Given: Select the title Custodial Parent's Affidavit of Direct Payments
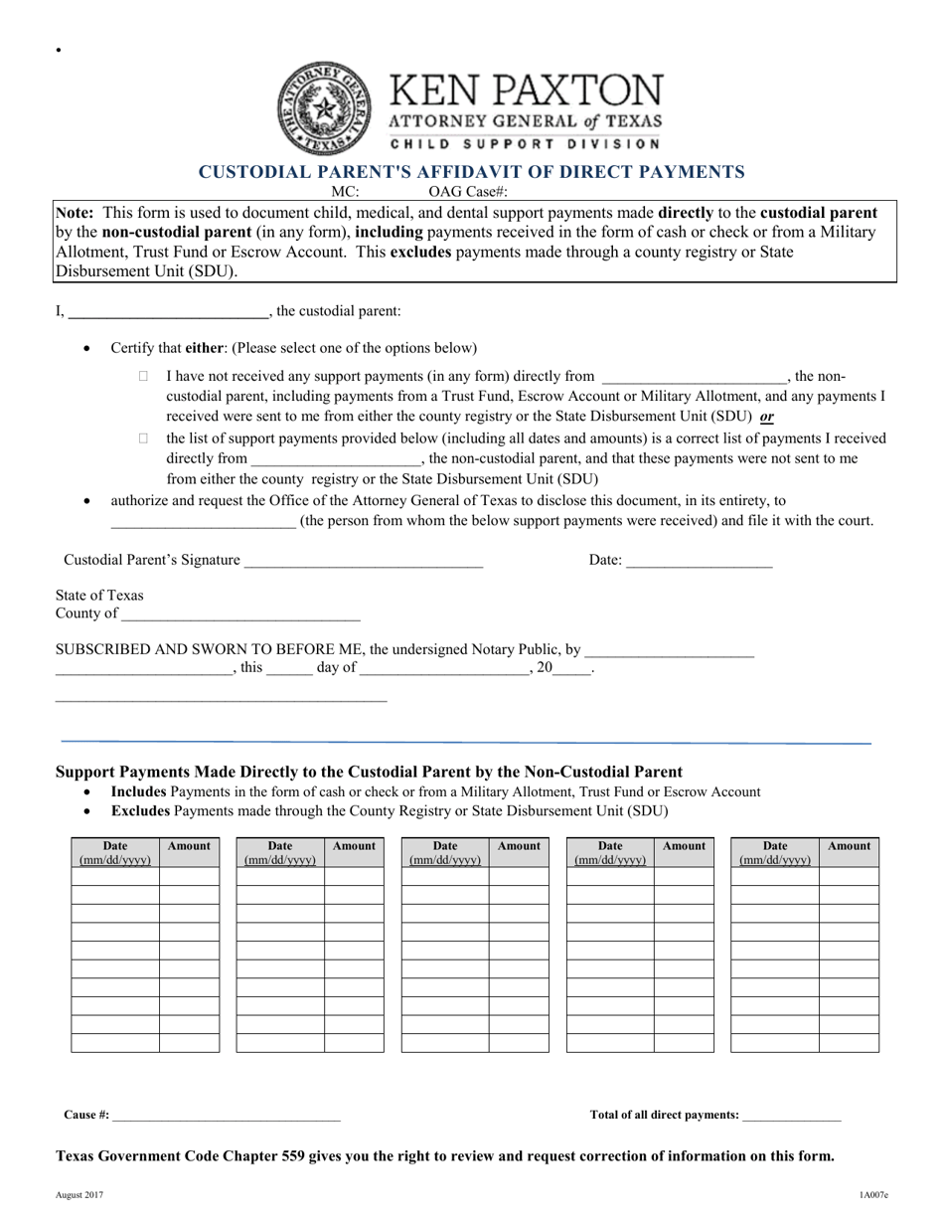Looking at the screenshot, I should pyautogui.click(x=472, y=171).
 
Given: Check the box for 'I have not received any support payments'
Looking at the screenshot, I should pyautogui.click(x=143, y=377).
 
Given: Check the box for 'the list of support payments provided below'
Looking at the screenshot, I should pyautogui.click(x=143, y=437).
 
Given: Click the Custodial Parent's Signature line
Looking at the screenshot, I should pyautogui.click(x=363, y=561).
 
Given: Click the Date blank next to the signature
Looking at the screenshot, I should pyautogui.click(x=699, y=561).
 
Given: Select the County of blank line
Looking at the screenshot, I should pyautogui.click(x=239, y=613).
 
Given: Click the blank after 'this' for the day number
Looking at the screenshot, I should pyautogui.click(x=289, y=669).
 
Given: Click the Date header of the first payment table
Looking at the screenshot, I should pyautogui.click(x=115, y=853).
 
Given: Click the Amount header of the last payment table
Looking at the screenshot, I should pyautogui.click(x=849, y=846).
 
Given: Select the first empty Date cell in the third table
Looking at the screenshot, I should pyautogui.click(x=444, y=876).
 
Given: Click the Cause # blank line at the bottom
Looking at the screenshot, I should pyautogui.click(x=227, y=1116).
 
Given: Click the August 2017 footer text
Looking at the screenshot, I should pyautogui.click(x=79, y=1193).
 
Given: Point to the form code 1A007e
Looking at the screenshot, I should pyautogui.click(x=873, y=1193).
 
